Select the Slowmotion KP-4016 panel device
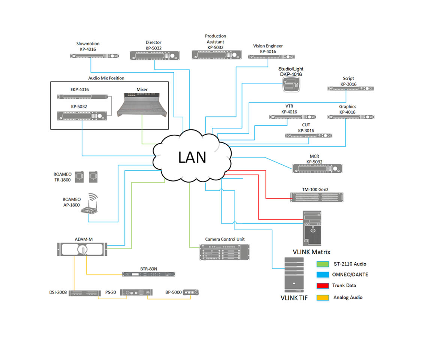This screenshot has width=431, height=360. click(x=91, y=56)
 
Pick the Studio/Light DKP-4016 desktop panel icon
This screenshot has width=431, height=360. click(x=291, y=86)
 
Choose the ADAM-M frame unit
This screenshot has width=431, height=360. click(x=82, y=249)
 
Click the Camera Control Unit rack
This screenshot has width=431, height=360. click(x=224, y=252)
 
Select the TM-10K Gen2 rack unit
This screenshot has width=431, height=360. click(x=317, y=196)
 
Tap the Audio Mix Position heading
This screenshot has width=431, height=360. click(x=106, y=78)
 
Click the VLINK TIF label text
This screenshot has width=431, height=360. click(x=294, y=298)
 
